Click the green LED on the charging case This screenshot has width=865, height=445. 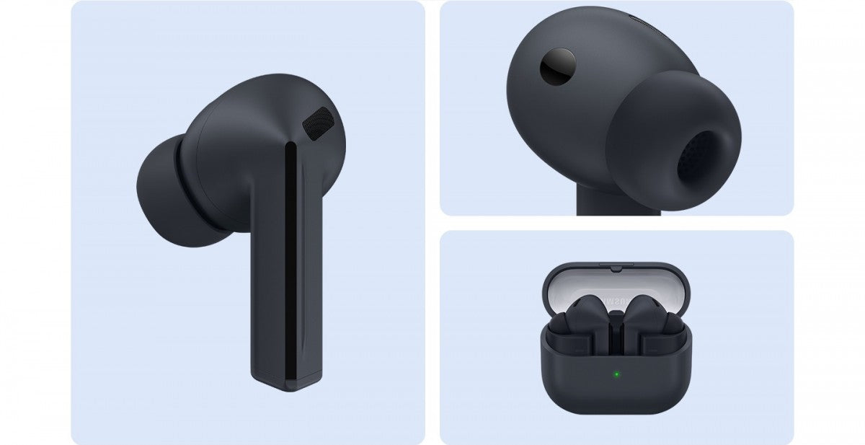coord(616,374)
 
